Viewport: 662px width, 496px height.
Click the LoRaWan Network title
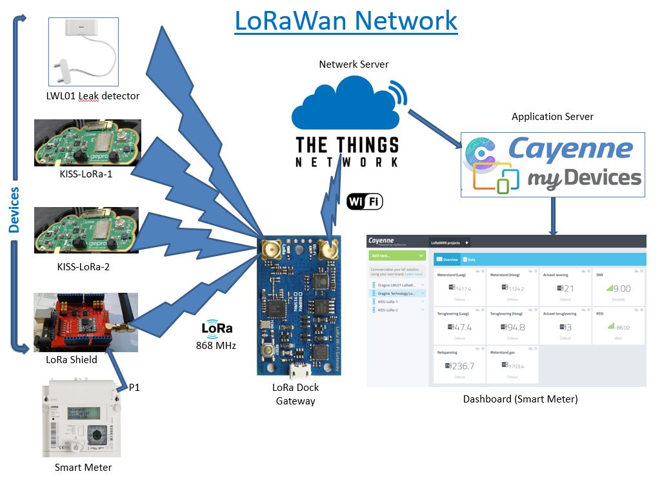(x=346, y=21)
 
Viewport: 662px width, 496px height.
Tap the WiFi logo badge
(x=365, y=202)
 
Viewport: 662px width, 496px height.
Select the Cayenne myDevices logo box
(x=552, y=164)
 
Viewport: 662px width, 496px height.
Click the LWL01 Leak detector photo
(x=83, y=52)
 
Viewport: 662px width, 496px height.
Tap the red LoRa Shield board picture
(x=85, y=322)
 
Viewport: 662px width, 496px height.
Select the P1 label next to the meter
(x=134, y=387)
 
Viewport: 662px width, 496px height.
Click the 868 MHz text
(x=216, y=346)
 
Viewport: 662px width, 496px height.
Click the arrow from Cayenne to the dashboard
(x=553, y=216)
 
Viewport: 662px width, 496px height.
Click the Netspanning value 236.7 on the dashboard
(x=460, y=366)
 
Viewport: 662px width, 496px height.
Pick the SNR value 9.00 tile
(x=617, y=288)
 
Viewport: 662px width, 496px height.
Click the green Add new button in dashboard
(x=396, y=256)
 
